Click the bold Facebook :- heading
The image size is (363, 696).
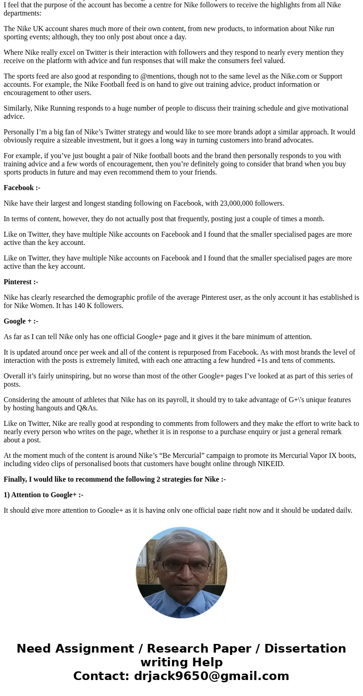[22, 188]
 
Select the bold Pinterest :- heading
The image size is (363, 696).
[21, 282]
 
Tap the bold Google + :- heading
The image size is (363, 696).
[21, 321]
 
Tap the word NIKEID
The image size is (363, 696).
[271, 464]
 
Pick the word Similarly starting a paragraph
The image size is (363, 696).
[18, 108]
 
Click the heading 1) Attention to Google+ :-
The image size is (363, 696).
[43, 495]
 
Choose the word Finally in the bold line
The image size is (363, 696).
[15, 479]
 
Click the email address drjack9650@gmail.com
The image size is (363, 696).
[211, 676]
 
